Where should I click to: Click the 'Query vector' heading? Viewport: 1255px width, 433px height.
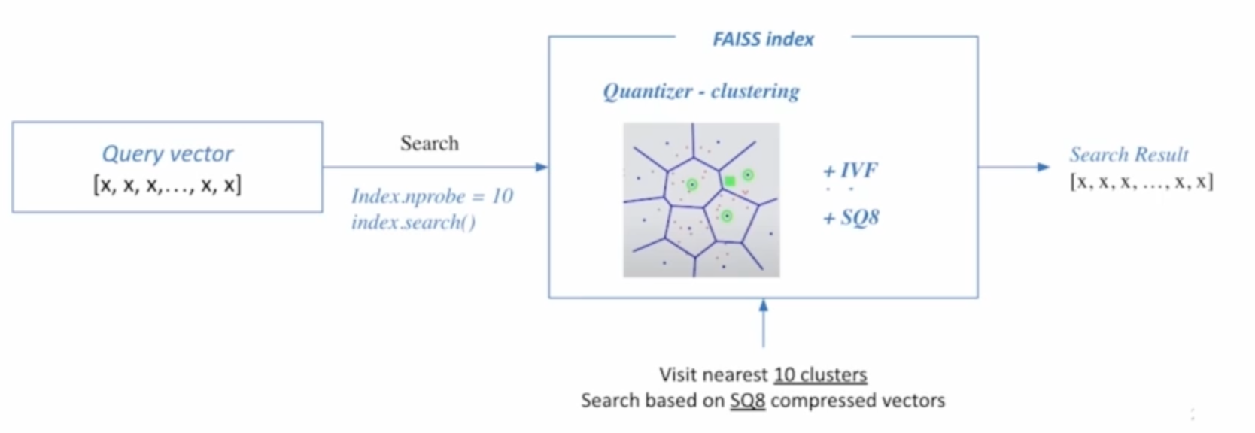point(167,154)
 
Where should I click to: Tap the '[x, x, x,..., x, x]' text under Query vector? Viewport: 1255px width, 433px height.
point(167,184)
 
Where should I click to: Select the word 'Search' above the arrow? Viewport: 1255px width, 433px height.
point(429,143)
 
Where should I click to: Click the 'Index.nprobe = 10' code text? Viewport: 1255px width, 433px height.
point(432,196)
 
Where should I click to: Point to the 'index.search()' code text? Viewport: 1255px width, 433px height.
point(413,223)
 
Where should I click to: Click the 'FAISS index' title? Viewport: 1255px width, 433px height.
point(763,39)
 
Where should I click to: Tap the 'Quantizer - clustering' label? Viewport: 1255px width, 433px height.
point(700,92)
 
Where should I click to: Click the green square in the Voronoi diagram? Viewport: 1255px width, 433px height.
point(729,181)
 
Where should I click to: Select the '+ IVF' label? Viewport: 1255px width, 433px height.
point(850,171)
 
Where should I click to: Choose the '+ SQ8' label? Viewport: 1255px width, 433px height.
point(851,218)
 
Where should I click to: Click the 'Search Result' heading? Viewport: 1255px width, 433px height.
point(1129,155)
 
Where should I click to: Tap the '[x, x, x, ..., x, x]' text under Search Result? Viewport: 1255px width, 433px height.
point(1141,182)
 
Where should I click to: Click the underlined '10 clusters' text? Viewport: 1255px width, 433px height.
point(820,374)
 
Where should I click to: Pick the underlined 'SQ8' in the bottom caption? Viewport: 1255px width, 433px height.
point(747,401)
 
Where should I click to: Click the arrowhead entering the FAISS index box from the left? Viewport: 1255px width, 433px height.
point(542,167)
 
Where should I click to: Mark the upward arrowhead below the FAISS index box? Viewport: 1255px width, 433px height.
point(764,306)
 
